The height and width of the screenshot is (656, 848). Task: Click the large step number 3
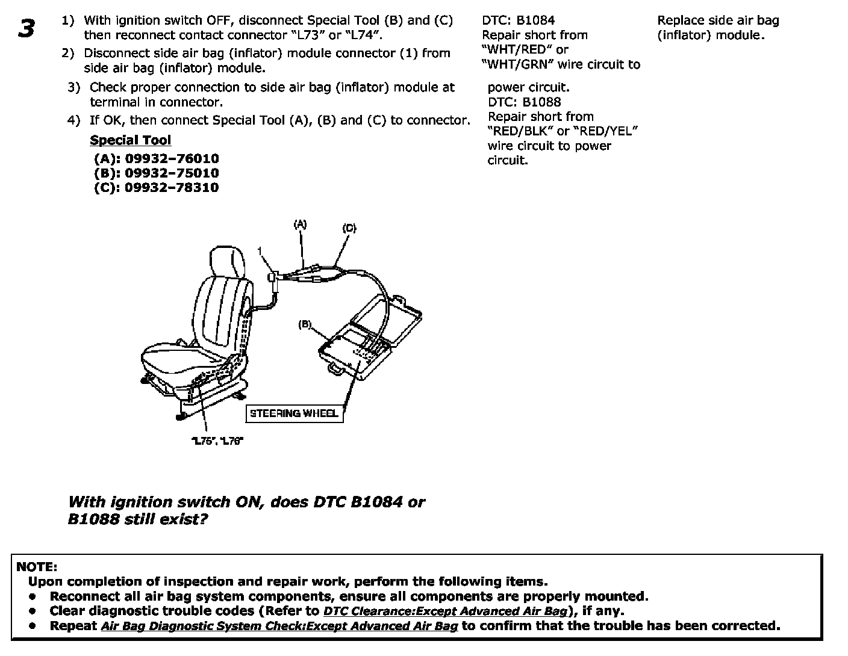point(26,28)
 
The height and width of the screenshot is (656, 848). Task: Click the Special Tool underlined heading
point(130,140)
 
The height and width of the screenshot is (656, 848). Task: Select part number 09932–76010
point(172,159)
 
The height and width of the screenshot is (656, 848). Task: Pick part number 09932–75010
point(172,173)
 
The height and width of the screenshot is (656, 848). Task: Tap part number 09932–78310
point(172,188)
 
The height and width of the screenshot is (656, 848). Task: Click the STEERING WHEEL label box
point(294,413)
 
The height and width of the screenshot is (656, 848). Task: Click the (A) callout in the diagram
point(300,225)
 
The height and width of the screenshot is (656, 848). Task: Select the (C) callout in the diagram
point(349,228)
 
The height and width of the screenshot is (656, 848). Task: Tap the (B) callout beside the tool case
point(305,324)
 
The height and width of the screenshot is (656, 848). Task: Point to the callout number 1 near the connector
point(260,250)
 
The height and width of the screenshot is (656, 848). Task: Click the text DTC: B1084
point(519,20)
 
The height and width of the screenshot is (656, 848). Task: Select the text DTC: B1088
point(524,102)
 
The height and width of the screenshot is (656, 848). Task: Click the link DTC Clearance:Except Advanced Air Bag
point(446,611)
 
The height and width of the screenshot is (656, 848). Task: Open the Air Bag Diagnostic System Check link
point(279,626)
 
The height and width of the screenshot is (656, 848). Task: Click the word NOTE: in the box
point(37,567)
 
